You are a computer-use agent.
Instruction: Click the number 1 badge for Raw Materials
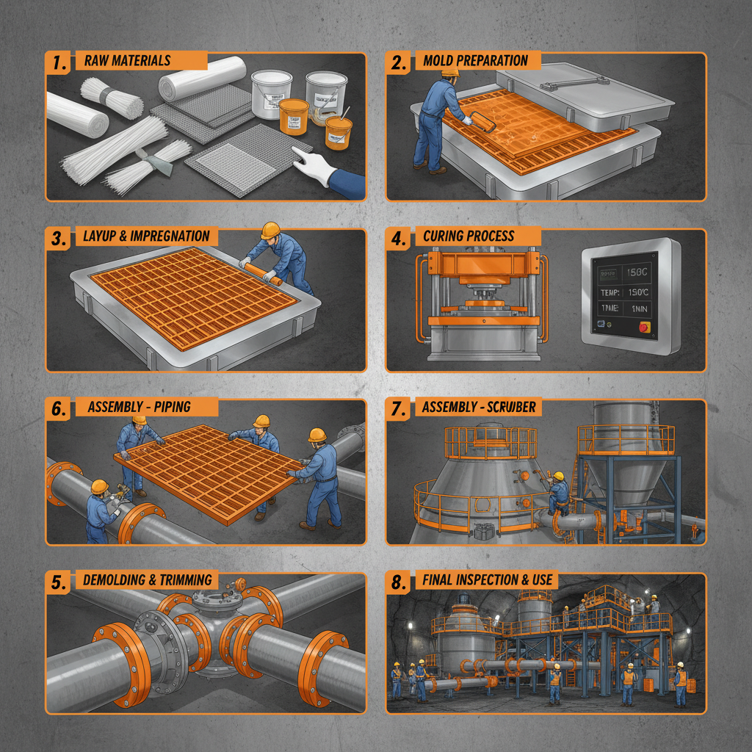(x=59, y=62)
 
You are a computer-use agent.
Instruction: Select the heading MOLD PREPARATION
(x=475, y=61)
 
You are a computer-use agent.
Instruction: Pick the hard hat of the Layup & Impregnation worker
(x=270, y=230)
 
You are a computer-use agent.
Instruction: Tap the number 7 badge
(x=399, y=408)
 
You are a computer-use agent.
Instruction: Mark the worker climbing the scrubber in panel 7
(x=559, y=490)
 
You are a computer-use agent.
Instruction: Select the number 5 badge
(x=59, y=581)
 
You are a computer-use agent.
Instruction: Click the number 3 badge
(x=59, y=238)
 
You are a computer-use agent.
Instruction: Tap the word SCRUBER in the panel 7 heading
(x=510, y=408)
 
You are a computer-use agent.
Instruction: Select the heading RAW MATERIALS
(x=127, y=61)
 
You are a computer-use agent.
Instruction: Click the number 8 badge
(x=399, y=581)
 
